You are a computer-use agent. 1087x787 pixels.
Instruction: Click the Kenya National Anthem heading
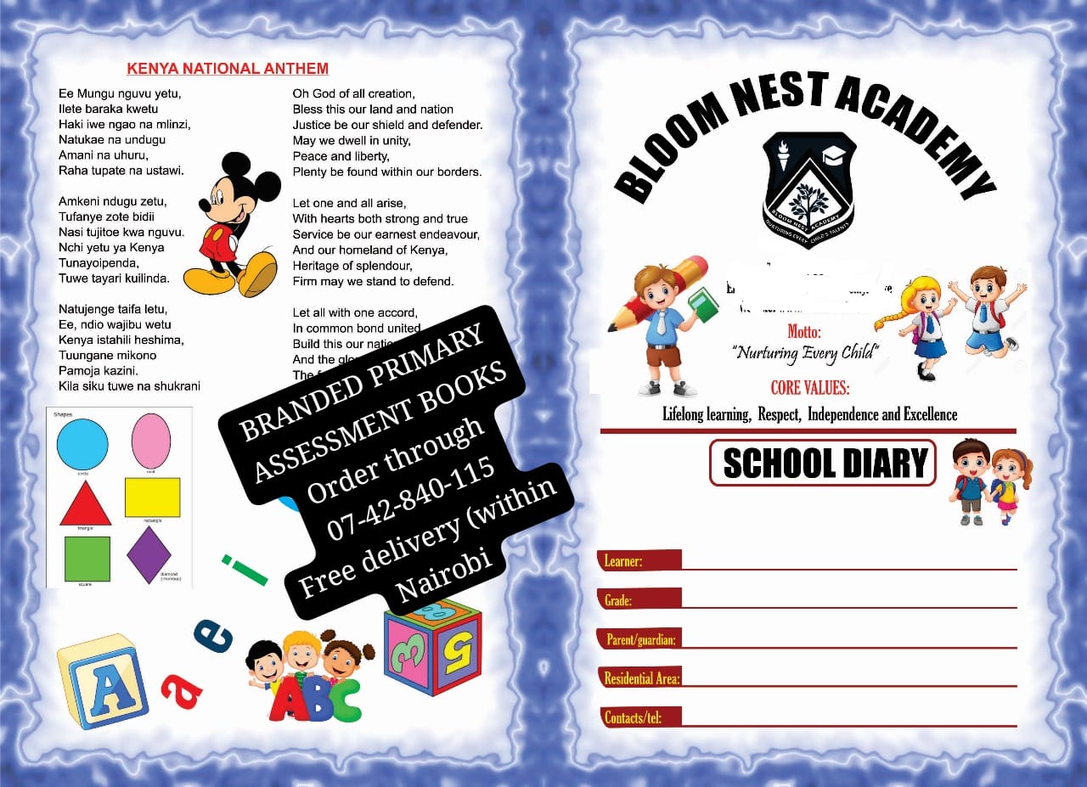pos(228,69)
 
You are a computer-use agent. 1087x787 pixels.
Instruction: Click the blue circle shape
pos(82,445)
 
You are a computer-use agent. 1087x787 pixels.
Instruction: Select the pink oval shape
pos(151,441)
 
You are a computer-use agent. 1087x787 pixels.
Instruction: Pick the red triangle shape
pos(85,504)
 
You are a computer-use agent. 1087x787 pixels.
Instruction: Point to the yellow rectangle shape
pos(153,497)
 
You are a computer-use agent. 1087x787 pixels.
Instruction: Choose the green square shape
pos(87,558)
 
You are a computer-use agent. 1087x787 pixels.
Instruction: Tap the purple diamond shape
pos(149,554)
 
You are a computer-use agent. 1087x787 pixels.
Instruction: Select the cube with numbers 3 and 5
pos(432,645)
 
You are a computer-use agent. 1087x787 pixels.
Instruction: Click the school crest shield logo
pos(808,189)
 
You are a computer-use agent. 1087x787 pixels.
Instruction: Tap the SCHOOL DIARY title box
pos(823,463)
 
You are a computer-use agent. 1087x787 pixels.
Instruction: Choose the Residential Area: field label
pos(641,678)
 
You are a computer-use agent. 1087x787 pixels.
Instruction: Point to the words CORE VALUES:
pos(809,388)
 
